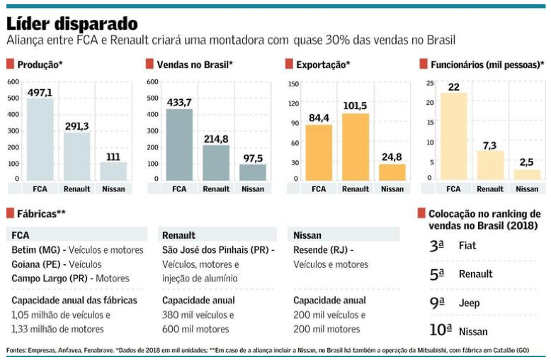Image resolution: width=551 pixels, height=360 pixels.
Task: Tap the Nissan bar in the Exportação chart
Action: (392, 172)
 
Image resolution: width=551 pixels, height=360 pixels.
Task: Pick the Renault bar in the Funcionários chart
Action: (490, 165)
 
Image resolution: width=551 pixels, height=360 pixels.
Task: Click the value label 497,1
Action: (40, 93)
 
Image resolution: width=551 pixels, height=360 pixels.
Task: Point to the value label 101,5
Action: (356, 106)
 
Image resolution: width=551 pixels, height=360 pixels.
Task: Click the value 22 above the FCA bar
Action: (453, 86)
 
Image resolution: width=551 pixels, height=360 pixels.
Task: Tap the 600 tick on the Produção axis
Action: (13, 81)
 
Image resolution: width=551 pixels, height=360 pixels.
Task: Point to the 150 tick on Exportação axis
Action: (293, 83)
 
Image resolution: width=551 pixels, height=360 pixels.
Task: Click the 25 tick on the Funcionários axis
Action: (429, 84)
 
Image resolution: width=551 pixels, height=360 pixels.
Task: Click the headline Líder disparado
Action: (72, 21)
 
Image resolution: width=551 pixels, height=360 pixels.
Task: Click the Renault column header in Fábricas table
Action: (178, 235)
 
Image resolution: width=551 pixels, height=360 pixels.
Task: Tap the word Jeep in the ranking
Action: (470, 303)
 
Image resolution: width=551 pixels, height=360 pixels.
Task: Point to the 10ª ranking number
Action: (440, 330)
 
